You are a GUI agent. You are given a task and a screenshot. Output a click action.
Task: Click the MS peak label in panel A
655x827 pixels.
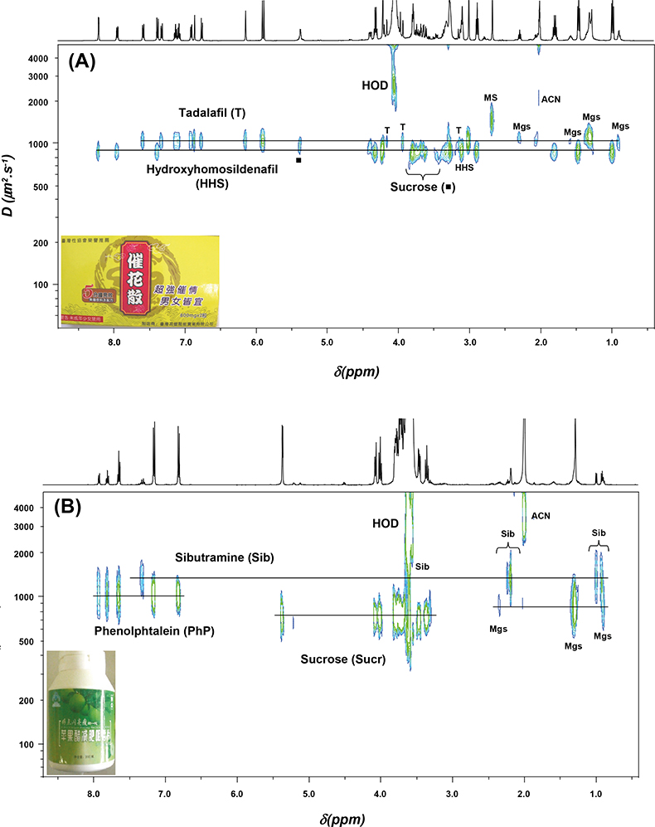click(x=491, y=98)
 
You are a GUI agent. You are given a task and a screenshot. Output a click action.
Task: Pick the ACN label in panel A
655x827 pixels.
click(x=551, y=100)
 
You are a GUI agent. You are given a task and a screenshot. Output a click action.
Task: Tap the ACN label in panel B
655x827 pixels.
click(x=540, y=516)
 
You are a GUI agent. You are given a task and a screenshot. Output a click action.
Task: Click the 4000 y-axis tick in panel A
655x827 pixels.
click(x=37, y=60)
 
